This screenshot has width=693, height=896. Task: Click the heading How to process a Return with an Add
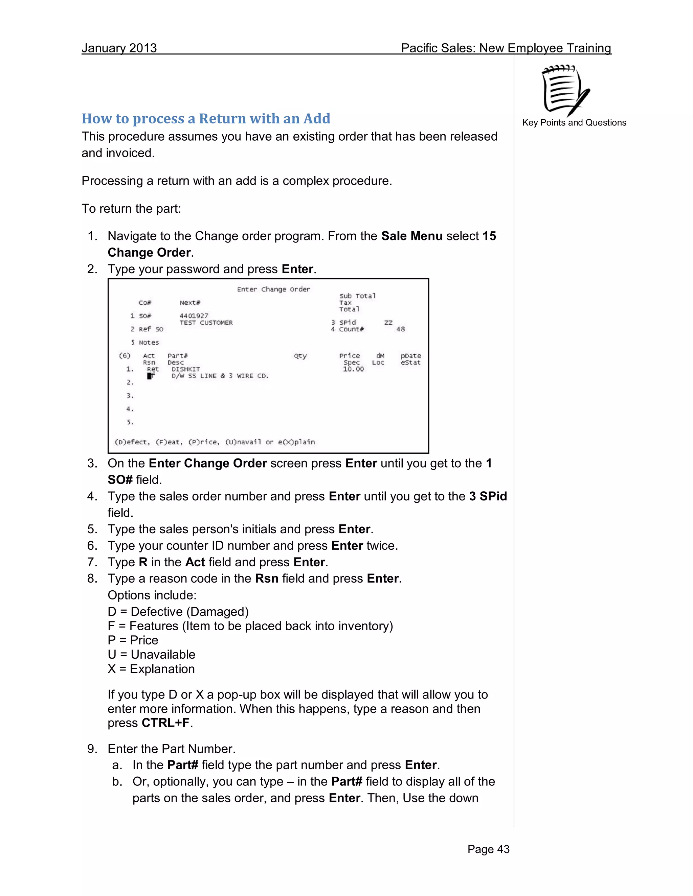pyautogui.click(x=206, y=119)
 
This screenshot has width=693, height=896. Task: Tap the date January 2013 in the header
pyautogui.click(x=119, y=48)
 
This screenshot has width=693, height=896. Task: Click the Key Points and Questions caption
pyautogui.click(x=574, y=123)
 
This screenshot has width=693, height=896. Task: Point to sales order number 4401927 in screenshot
pyautogui.click(x=194, y=316)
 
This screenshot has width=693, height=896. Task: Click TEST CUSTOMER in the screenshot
pyautogui.click(x=206, y=323)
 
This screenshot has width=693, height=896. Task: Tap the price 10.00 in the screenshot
pyautogui.click(x=353, y=369)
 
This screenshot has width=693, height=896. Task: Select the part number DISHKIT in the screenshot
pyautogui.click(x=185, y=369)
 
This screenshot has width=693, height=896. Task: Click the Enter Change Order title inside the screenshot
pyautogui.click(x=273, y=289)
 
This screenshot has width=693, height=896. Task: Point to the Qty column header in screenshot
pyautogui.click(x=300, y=356)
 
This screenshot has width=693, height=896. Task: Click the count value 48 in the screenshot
pyautogui.click(x=400, y=329)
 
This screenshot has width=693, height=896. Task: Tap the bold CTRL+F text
pyautogui.click(x=165, y=723)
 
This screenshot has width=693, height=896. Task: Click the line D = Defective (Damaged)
pyautogui.click(x=178, y=612)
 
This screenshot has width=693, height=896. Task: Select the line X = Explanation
pyautogui.click(x=151, y=669)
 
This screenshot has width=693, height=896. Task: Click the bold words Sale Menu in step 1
pyautogui.click(x=411, y=236)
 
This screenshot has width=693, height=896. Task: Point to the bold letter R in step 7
pyautogui.click(x=143, y=562)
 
